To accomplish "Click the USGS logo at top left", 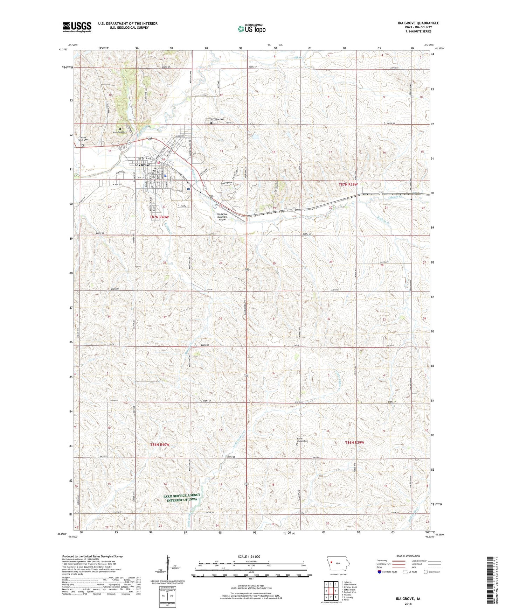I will (x=77, y=27).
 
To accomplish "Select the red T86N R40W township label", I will (x=159, y=444).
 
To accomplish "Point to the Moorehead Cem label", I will (x=120, y=132).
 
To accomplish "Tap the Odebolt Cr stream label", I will (x=397, y=198).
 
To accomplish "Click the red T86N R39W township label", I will (x=354, y=442).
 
